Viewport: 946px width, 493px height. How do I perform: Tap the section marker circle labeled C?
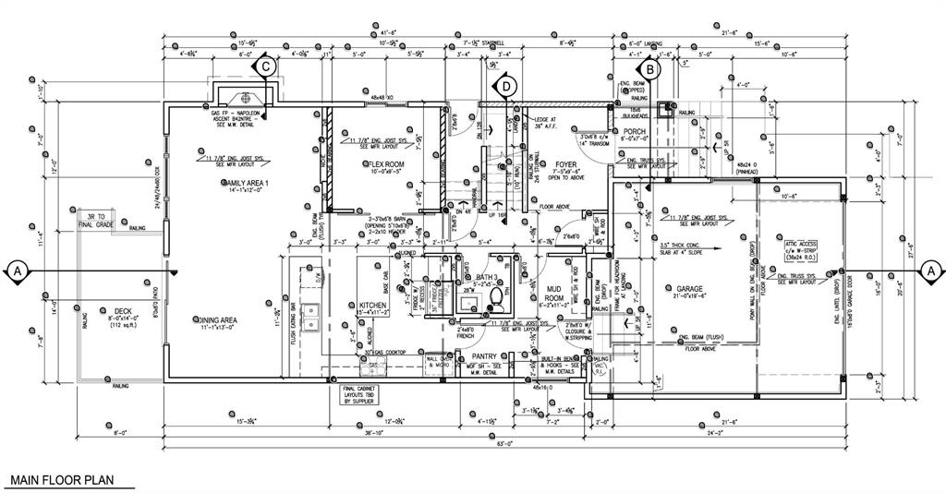click(x=265, y=66)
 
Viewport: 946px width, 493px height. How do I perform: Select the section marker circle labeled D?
click(x=505, y=87)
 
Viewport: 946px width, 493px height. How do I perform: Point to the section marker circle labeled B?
click(x=649, y=67)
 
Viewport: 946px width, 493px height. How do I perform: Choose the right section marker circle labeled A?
click(x=930, y=271)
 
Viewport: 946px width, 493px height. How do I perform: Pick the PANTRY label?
click(x=485, y=355)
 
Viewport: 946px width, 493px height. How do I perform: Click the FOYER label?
click(x=565, y=164)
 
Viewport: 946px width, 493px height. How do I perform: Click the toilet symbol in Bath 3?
click(x=496, y=297)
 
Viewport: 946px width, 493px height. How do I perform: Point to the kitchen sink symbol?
click(x=311, y=317)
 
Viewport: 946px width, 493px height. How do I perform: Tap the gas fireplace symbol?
click(x=247, y=98)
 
